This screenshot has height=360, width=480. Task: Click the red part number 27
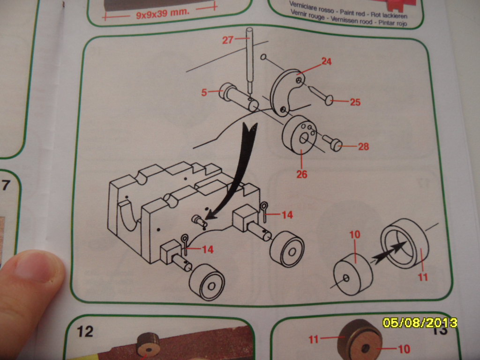point(228,40)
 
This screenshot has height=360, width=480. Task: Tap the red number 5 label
point(204,92)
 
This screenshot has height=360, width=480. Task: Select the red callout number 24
point(326,61)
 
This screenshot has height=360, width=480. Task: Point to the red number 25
point(355,102)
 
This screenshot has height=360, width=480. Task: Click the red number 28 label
point(363,147)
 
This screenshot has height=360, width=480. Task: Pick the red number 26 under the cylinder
point(301,174)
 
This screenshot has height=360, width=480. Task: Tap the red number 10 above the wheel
point(355,234)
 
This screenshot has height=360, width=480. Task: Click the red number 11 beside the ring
point(423,277)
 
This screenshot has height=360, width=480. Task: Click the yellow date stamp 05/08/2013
point(420,323)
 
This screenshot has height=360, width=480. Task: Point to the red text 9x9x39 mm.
point(163,14)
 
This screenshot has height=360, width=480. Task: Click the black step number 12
point(85,332)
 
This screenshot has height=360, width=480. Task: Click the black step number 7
point(6,186)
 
